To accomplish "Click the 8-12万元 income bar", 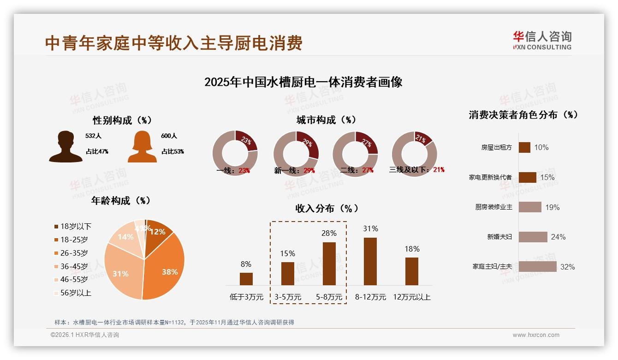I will tap(370, 261).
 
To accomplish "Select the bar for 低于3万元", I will tap(246, 279).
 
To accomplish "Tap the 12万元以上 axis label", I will tap(411, 297).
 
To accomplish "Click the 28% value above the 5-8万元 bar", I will tap(329, 234).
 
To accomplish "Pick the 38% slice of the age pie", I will tap(166, 268).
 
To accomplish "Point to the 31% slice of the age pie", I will tap(121, 273).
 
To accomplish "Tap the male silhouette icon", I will tap(65, 146).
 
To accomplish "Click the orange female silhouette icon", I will tap(142, 146).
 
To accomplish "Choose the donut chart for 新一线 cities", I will tap(296, 153).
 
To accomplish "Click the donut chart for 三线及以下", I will tap(414, 153).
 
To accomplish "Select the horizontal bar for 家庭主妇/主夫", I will tap(537, 267).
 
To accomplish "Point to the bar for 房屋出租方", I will tap(524, 147).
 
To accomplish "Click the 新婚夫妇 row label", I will tap(499, 237).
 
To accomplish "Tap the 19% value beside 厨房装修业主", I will tap(553, 207).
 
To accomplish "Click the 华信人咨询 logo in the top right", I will tap(542, 40).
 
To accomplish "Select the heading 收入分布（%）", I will tap(327, 209).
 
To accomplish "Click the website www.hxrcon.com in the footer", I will tap(536, 335).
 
